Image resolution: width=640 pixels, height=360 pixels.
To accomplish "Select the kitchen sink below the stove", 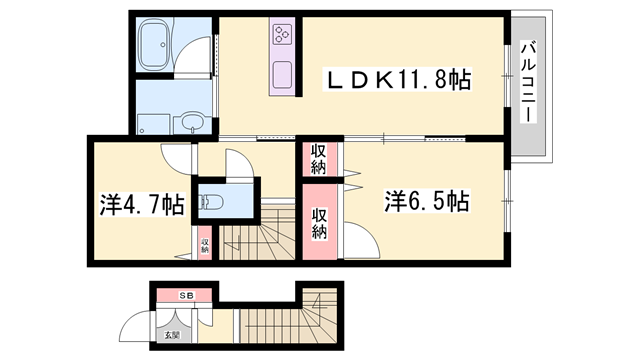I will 281,75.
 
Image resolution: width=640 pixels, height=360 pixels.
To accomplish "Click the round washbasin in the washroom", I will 193,124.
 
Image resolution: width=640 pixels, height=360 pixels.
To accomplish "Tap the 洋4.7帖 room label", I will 140,204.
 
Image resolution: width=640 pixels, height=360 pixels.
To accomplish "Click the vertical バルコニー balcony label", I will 527,80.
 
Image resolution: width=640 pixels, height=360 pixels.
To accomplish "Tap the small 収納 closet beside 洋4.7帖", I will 204,244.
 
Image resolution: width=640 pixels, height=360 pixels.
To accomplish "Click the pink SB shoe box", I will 186,296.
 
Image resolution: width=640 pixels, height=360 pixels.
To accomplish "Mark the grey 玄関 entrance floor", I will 164,335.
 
